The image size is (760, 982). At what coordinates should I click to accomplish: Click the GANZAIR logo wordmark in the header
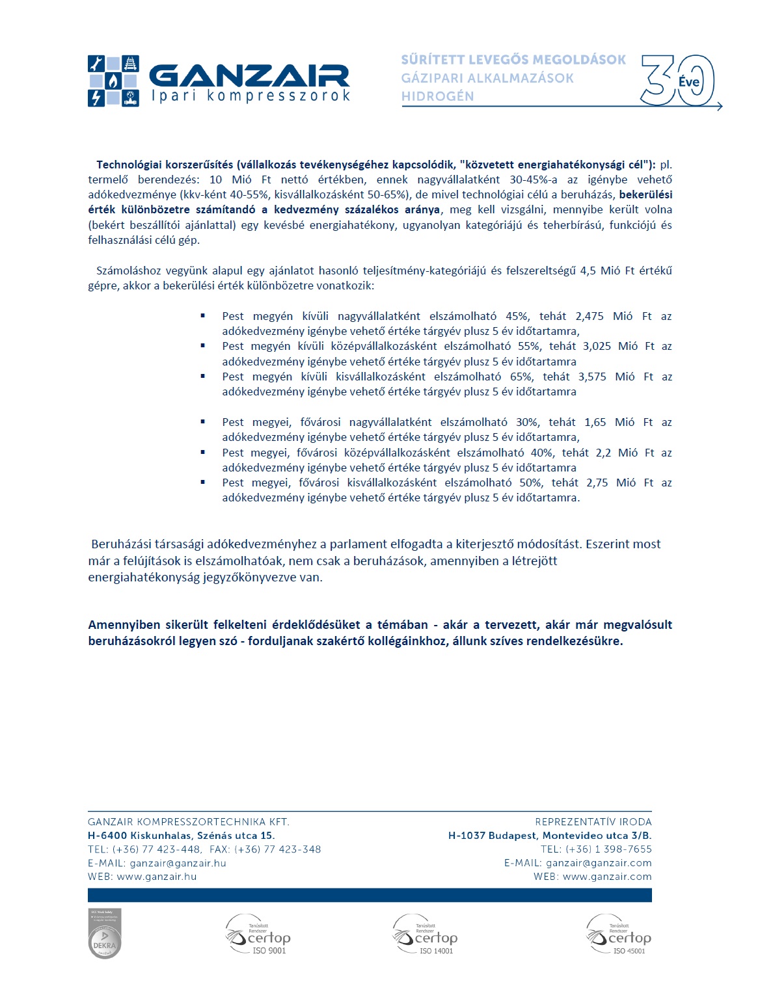point(250,75)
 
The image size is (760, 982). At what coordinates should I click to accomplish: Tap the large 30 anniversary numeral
point(677,81)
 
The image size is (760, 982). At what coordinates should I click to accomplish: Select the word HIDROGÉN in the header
point(437,96)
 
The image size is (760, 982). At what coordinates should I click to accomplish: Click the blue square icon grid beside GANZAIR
point(113,81)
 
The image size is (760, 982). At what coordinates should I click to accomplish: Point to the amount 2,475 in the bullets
point(589,316)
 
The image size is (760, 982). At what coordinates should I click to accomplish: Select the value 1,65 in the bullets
point(595,422)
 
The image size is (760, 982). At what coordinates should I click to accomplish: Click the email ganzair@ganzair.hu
point(178,863)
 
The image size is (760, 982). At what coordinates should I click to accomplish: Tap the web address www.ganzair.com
point(606,877)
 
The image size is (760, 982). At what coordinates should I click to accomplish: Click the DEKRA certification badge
point(105,935)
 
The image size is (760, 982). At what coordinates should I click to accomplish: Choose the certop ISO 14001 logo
point(426,935)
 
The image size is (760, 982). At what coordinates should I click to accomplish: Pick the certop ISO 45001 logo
point(619,935)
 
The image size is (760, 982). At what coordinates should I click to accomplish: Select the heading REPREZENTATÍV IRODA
point(593,822)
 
